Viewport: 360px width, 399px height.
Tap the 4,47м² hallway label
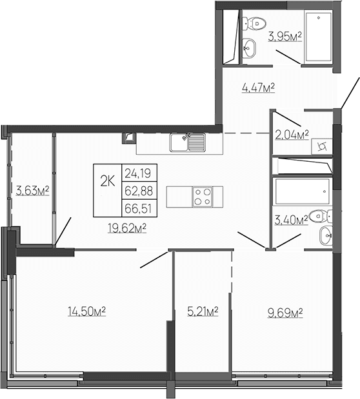pos(258,88)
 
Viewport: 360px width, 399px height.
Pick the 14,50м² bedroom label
pos(86,311)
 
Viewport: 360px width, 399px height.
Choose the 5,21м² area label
pos(203,311)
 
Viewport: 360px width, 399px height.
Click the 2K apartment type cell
pos(106,180)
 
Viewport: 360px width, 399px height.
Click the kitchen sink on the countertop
pos(187,141)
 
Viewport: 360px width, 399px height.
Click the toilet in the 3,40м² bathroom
pos(315,216)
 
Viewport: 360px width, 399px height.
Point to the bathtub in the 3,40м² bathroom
pos(303,191)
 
